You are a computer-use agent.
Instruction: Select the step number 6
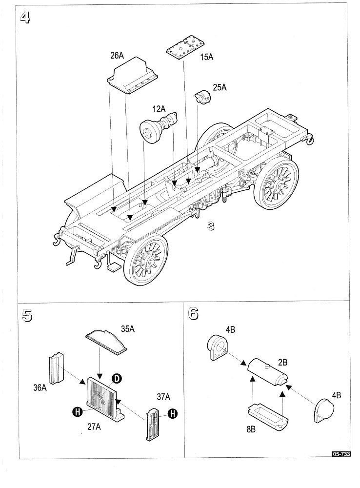[x=194, y=314]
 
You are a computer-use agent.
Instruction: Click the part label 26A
[x=117, y=55]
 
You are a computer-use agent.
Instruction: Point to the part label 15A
[x=207, y=57]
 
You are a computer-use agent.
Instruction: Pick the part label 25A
[x=220, y=87]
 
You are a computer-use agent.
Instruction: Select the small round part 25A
[x=202, y=98]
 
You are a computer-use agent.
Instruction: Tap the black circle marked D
[x=117, y=379]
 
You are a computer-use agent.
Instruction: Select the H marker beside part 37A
[x=172, y=414]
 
